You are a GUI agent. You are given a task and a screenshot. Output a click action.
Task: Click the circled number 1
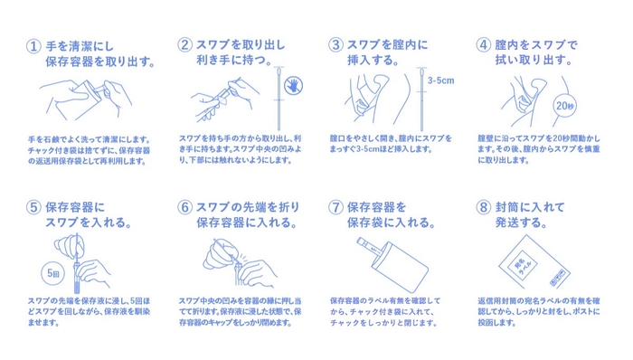click(33, 46)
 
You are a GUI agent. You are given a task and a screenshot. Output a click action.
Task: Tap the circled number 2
click(184, 44)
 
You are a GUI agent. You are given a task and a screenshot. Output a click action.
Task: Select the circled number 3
click(335, 44)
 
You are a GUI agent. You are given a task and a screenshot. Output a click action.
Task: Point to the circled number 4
click(483, 44)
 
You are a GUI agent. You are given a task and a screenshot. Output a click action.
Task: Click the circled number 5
click(33, 207)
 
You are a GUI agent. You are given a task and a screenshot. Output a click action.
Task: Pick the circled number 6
click(184, 207)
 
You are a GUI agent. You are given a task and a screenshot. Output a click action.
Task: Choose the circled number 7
click(335, 207)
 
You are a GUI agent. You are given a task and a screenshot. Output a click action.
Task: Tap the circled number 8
click(483, 207)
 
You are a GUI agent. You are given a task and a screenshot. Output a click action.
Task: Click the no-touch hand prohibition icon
click(294, 85)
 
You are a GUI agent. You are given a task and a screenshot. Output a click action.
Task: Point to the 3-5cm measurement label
click(441, 81)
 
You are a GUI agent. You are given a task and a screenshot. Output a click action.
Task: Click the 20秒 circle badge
click(564, 106)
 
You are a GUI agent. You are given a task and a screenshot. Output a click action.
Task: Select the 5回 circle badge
click(52, 273)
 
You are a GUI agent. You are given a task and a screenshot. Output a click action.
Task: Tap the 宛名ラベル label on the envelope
click(524, 265)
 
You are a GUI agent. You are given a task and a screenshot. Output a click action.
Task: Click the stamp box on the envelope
click(560, 278)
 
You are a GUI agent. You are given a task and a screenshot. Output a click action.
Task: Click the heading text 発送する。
click(521, 223)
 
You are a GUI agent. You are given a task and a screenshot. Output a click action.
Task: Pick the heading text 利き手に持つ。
click(234, 60)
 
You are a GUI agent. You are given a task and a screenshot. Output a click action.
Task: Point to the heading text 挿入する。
click(373, 60)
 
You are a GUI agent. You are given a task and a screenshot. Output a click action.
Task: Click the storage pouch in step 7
click(400, 266)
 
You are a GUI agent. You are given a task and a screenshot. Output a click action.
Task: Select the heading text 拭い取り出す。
click(534, 60)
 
